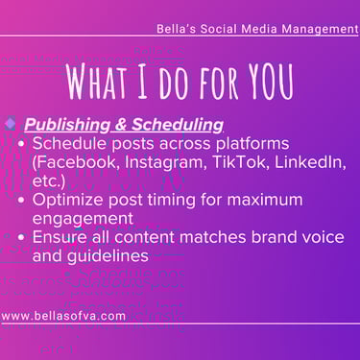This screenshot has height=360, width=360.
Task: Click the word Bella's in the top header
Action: pyautogui.click(x=176, y=29)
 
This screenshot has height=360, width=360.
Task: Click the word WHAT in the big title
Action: pyautogui.click(x=97, y=82)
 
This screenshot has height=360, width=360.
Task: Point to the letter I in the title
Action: pyautogui.click(x=142, y=82)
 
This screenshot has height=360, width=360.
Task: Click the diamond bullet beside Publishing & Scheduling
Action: pyautogui.click(x=11, y=123)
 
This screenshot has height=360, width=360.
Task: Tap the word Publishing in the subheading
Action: pyautogui.click(x=67, y=125)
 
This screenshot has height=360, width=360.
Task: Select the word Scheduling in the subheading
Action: pyautogui.click(x=178, y=125)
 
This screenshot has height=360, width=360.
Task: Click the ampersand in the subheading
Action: pyautogui.click(x=121, y=124)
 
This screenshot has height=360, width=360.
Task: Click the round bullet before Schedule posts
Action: pyautogui.click(x=21, y=144)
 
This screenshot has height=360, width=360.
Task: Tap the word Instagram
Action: pyautogui.click(x=166, y=163)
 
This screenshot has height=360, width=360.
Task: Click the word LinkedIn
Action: pyautogui.click(x=310, y=162)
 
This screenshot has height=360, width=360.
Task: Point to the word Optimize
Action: pyautogui.click(x=68, y=201)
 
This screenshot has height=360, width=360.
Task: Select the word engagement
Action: pyautogui.click(x=83, y=219)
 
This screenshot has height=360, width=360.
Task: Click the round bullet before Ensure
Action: pyautogui.click(x=21, y=237)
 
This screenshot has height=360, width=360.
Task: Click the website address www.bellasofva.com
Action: pyautogui.click(x=63, y=316)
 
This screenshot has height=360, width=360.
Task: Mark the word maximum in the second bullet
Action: pyautogui.click(x=265, y=200)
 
